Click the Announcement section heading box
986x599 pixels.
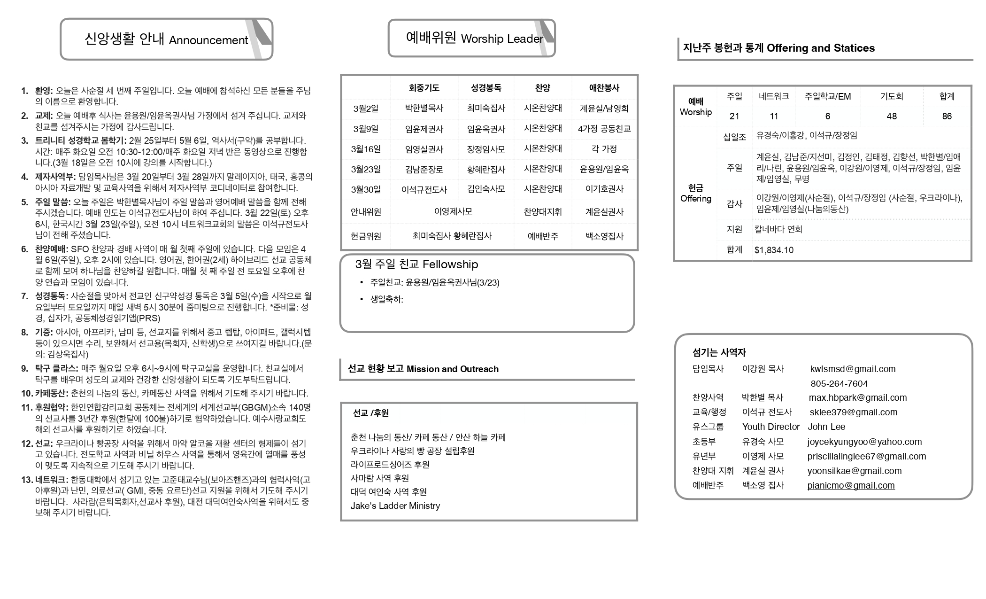166,39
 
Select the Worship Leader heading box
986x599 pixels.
471,38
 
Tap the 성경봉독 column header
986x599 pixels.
486,88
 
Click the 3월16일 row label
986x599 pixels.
366,149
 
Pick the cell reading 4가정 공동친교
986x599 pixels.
604,129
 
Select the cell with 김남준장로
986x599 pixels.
424,169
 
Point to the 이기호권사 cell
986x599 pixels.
604,189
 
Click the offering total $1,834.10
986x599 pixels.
774,250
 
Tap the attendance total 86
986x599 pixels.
947,116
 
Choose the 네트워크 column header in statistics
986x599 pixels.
774,96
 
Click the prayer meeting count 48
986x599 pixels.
891,116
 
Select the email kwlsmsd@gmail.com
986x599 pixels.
853,369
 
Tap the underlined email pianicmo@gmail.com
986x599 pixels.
851,485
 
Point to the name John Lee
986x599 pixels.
826,427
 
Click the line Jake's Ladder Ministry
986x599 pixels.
395,506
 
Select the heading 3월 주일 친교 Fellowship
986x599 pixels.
416,264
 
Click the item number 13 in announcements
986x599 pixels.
27,480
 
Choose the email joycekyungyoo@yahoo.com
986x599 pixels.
864,442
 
